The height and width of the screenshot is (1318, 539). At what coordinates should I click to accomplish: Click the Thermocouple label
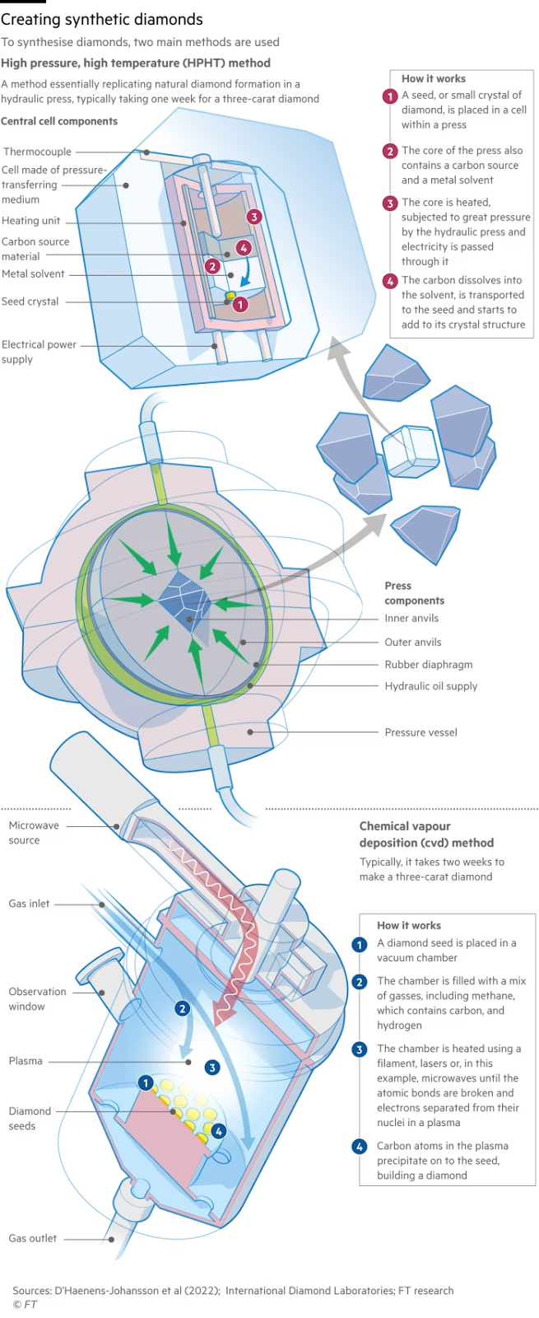(37, 152)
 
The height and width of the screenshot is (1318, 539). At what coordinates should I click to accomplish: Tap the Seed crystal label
(30, 301)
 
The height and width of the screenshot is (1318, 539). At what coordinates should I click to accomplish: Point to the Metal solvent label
(33, 273)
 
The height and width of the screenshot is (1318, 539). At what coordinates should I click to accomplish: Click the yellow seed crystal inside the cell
(230, 295)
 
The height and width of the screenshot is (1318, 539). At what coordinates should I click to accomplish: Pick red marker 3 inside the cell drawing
(254, 217)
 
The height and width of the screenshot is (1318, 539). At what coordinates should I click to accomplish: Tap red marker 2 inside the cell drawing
(212, 265)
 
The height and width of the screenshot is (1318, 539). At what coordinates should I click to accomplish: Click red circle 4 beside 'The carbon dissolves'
(390, 281)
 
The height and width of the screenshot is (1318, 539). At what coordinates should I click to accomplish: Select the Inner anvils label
(413, 618)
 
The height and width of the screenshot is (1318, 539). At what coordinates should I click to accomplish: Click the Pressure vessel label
(421, 731)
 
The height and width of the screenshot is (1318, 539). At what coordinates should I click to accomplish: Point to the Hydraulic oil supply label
(431, 685)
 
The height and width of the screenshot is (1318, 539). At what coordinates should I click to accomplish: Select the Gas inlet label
(30, 904)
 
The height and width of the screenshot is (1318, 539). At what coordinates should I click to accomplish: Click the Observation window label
(38, 998)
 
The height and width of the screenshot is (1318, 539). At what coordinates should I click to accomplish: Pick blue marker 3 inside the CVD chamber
(212, 1068)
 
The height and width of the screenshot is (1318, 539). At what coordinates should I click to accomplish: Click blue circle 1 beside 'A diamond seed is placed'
(359, 945)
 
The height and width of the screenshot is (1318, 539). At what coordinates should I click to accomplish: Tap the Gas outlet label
(33, 1238)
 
